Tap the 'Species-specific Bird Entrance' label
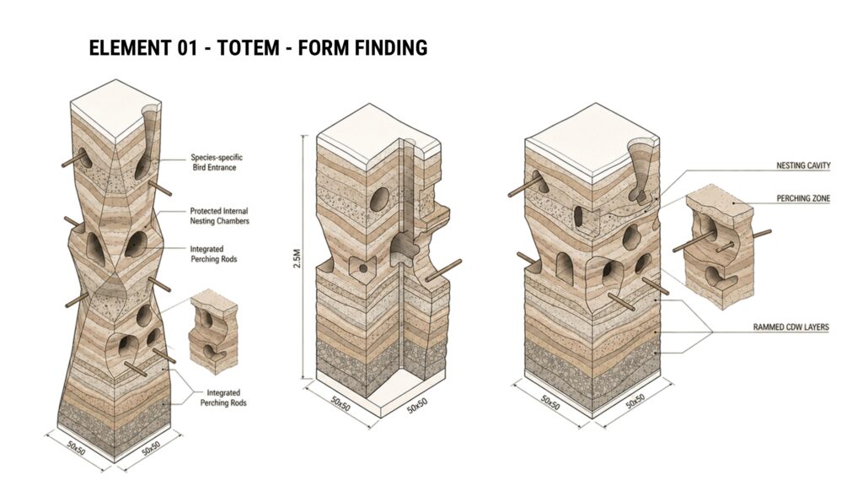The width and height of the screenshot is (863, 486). (x=217, y=163)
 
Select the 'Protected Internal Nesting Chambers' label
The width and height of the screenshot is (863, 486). (x=220, y=216)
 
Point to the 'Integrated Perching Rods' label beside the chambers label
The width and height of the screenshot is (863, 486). (x=213, y=254)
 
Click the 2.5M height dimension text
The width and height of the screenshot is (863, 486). (x=297, y=258)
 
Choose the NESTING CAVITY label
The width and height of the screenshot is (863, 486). (x=803, y=165)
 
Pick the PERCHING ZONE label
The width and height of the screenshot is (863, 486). (x=803, y=198)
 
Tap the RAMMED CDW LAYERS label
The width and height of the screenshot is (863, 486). (x=791, y=327)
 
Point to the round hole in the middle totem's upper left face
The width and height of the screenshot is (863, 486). (x=378, y=199)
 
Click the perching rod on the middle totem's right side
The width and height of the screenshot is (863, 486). (x=443, y=270)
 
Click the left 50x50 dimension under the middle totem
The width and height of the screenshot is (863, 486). (x=340, y=404)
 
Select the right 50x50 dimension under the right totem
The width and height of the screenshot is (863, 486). (x=635, y=402)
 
